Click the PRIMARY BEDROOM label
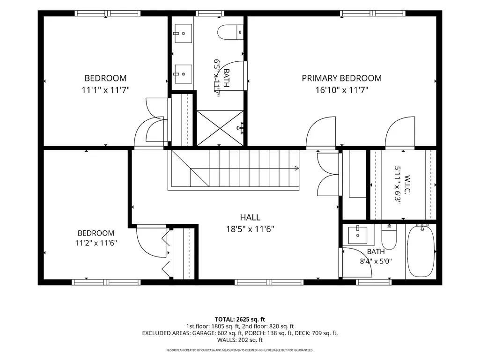[x=342, y=78]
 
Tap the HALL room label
[x=250, y=217]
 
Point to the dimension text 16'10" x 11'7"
[x=342, y=90]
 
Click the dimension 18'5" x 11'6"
[x=250, y=229]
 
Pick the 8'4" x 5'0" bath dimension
[x=376, y=261]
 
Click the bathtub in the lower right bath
[x=421, y=251]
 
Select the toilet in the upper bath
[x=230, y=32]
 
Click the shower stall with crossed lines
[x=220, y=128]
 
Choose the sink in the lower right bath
[x=358, y=235]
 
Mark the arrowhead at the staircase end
[x=296, y=168]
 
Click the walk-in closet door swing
[x=400, y=133]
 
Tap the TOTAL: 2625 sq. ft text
[x=240, y=320]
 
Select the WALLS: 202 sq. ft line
[x=240, y=340]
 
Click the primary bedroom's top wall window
[x=373, y=13]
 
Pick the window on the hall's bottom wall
[x=269, y=282]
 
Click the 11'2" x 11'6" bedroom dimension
[x=96, y=243]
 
